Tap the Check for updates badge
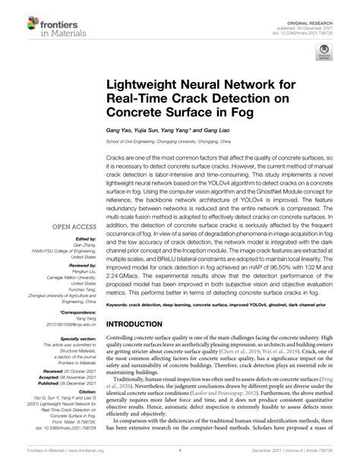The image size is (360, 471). click(324, 53)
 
